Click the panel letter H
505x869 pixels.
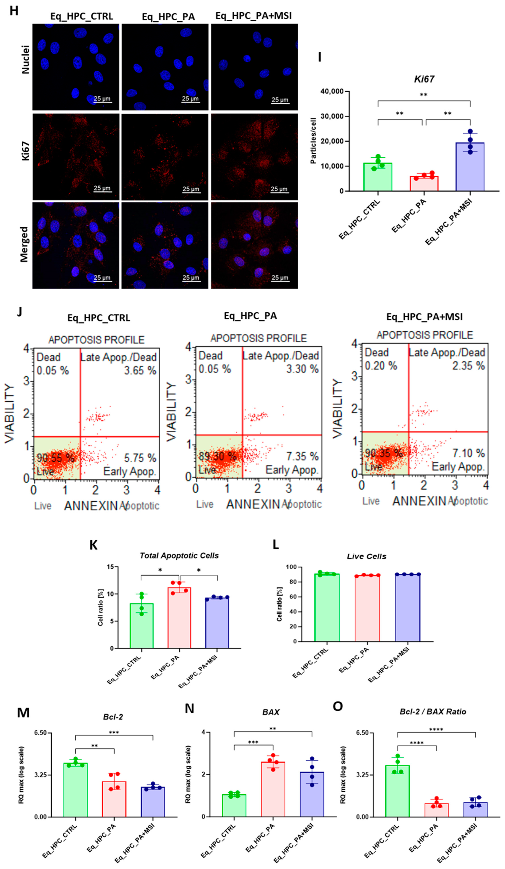coord(14,11)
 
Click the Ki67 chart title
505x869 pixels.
coord(424,79)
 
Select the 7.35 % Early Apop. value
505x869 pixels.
coord(302,456)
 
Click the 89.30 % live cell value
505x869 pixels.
coord(217,456)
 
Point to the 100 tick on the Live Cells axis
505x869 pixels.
coord(291,567)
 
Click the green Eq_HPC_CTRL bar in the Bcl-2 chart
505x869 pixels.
coord(76,790)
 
